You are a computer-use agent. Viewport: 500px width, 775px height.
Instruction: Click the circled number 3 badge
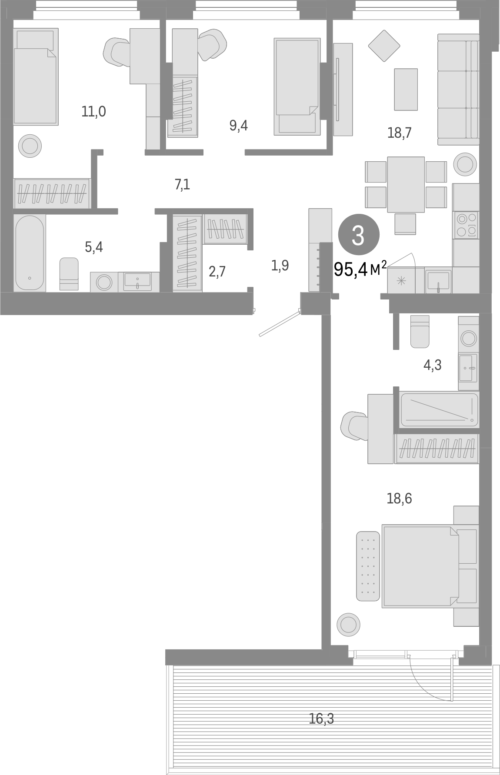pos(358,235)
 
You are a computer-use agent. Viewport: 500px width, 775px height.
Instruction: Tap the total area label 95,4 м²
pos(360,269)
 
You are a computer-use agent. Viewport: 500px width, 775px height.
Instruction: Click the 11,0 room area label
pos(93,112)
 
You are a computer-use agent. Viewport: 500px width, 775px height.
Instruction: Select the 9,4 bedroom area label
pos(238,126)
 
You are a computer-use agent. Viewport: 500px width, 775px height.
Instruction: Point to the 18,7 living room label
pos(399,133)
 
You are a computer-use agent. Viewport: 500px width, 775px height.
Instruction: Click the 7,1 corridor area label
pos(183,185)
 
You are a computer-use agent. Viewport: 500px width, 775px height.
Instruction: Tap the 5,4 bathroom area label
pos(94,247)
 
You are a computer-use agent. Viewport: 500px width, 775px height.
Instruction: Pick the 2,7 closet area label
pos(217,272)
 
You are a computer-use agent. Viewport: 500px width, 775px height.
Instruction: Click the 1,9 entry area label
pos(280,265)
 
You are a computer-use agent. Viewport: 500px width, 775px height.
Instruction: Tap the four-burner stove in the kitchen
pos(466,224)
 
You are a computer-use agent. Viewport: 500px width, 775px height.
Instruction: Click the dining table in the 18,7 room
pos(406,184)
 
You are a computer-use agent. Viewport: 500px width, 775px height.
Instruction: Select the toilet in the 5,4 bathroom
pos(69,273)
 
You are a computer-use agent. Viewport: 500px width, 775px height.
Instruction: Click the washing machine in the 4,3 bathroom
pos(468,337)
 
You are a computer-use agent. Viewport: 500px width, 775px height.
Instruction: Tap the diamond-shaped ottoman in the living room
pos(384,45)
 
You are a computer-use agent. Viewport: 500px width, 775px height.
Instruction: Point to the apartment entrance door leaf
pos(280,323)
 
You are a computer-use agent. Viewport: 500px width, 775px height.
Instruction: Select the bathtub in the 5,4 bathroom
pos(30,253)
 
